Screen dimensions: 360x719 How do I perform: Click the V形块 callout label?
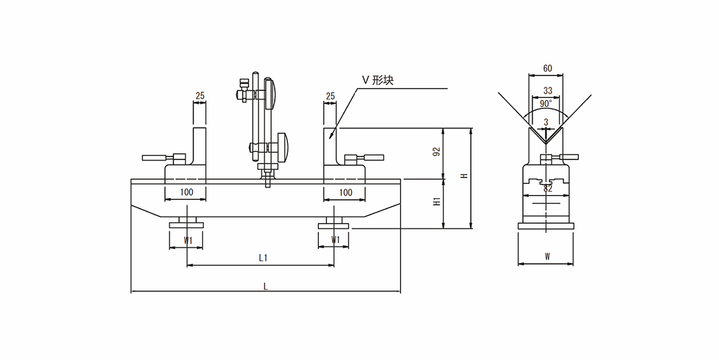pyautogui.click(x=378, y=80)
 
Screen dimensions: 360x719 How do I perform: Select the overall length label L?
pyautogui.click(x=265, y=286)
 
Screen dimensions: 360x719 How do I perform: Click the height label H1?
pyautogui.click(x=437, y=202)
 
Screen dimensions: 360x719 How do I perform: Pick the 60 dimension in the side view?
pyautogui.click(x=547, y=68)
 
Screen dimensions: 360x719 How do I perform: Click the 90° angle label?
pyautogui.click(x=546, y=103)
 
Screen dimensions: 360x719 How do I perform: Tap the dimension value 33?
pyautogui.click(x=547, y=91)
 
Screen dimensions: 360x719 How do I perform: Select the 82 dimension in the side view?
pyautogui.click(x=547, y=189)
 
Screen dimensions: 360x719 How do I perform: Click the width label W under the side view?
pyautogui.click(x=547, y=257)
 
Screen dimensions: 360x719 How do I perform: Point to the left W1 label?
pyautogui.click(x=189, y=241)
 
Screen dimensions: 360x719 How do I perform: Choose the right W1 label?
pyautogui.click(x=335, y=241)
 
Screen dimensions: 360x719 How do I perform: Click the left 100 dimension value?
pyautogui.click(x=187, y=192)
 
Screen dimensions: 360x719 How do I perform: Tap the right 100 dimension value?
pyautogui.click(x=345, y=192)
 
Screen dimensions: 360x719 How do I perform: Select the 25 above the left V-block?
pyautogui.click(x=200, y=96)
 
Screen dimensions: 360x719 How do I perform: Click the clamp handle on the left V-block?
pyautogui.click(x=157, y=158)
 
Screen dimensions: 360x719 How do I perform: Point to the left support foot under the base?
pyautogui.click(x=187, y=224)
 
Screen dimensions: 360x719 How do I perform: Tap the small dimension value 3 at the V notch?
pyautogui.click(x=546, y=122)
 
